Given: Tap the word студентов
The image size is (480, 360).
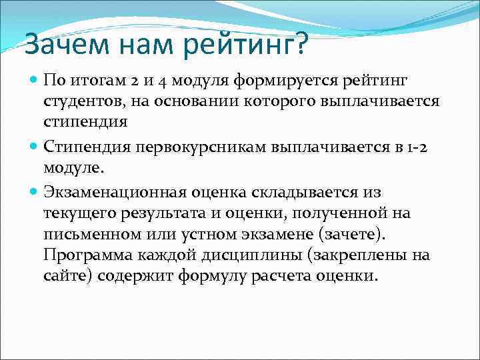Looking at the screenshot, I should coord(83,102).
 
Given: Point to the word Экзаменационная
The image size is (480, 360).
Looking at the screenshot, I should coord(116,193).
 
